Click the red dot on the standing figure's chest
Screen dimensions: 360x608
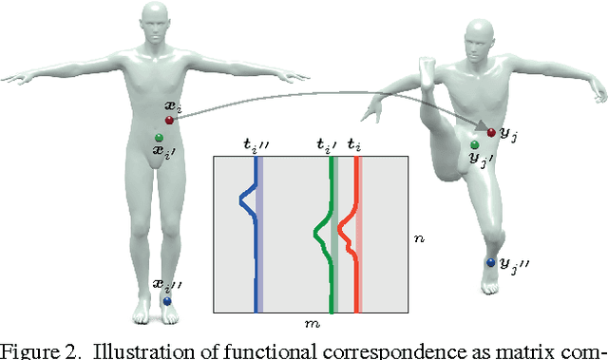[x=169, y=121]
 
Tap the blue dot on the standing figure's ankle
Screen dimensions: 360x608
[x=166, y=301]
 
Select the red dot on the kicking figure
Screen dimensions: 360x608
[x=491, y=132]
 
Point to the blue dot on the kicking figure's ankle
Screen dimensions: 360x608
[x=490, y=262]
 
